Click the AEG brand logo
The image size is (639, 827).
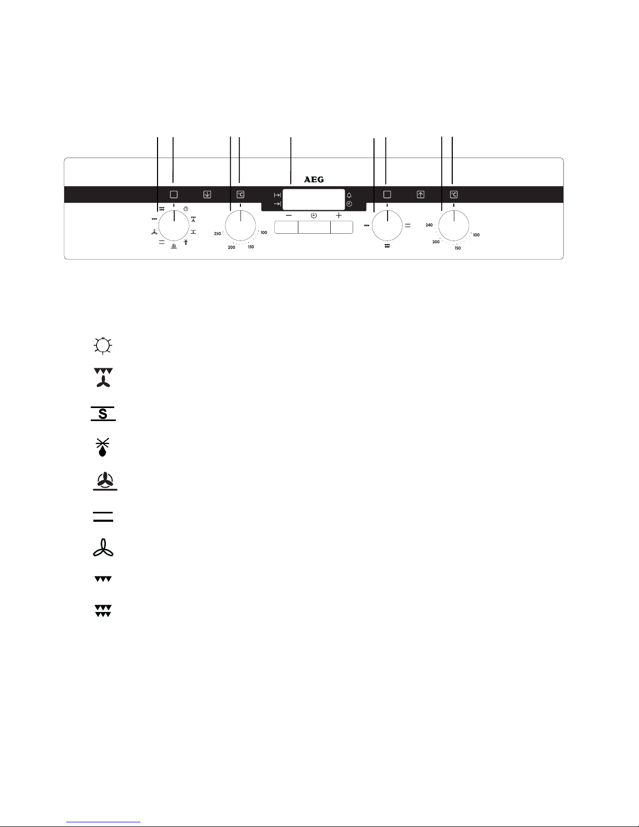tap(314, 179)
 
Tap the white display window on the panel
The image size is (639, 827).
tap(314, 199)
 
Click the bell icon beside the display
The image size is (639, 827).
tap(349, 195)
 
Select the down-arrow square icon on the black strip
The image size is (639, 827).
tap(207, 195)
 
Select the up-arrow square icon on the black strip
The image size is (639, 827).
tap(420, 195)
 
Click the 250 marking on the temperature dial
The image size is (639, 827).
tap(217, 234)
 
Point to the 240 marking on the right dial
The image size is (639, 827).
tap(429, 225)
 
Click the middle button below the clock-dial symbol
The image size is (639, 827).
tap(314, 227)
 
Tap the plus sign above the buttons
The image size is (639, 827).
tap(339, 215)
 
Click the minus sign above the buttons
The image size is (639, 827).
tap(288, 215)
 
